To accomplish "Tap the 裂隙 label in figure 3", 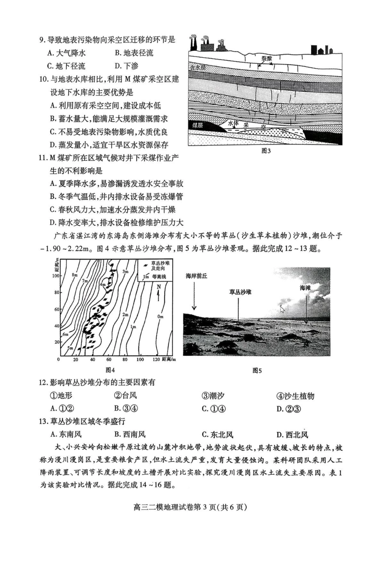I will (x=267, y=58).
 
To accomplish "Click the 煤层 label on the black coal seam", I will (x=197, y=125).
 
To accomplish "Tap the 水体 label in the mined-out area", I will (x=233, y=124).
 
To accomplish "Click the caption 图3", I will (x=266, y=151).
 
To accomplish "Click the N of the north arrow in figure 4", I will (x=159, y=287).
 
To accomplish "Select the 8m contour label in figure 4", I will (x=75, y=275).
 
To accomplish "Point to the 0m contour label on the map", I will (x=160, y=316).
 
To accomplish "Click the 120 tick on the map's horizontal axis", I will (x=156, y=359).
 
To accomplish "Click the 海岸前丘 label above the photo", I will (x=197, y=276).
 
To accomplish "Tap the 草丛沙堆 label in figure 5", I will (x=240, y=292).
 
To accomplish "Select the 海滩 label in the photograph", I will (x=305, y=288).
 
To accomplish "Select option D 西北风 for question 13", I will (x=292, y=435).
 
